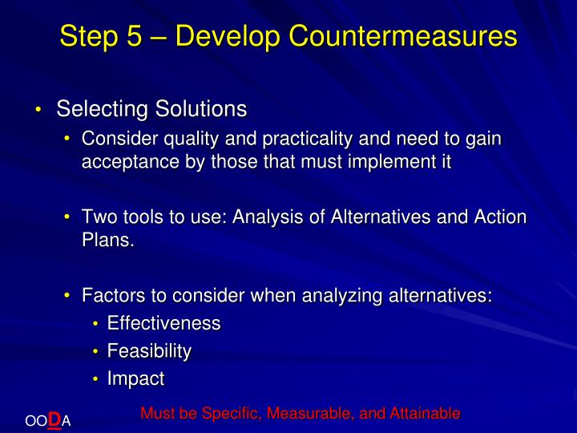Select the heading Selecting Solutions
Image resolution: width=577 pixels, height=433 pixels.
click(151, 108)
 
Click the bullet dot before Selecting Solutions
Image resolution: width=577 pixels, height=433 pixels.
click(38, 110)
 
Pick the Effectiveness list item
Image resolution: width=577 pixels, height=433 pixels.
click(163, 323)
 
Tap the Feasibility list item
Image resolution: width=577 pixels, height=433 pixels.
click(149, 351)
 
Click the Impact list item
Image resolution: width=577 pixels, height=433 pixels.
click(135, 378)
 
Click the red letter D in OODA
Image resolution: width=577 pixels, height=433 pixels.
click(54, 418)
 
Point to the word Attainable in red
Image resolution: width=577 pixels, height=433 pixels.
click(425, 414)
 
